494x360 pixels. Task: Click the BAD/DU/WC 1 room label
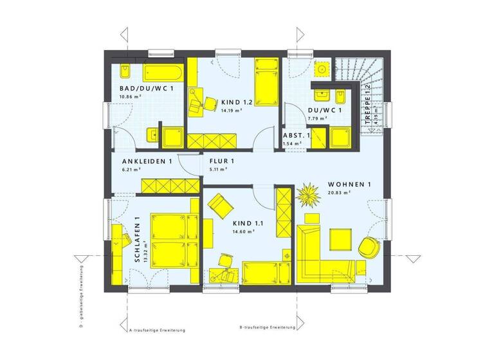[146, 89]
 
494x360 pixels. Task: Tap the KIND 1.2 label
[237, 102]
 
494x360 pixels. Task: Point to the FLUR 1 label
[221, 161]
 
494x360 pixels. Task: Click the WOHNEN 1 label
[350, 184]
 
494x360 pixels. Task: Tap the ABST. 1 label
[297, 136]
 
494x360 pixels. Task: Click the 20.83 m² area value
[338, 193]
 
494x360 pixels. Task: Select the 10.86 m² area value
[129, 97]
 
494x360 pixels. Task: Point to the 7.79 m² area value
[317, 119]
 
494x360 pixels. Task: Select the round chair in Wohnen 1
[369, 247]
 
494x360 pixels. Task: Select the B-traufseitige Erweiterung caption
[267, 327]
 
